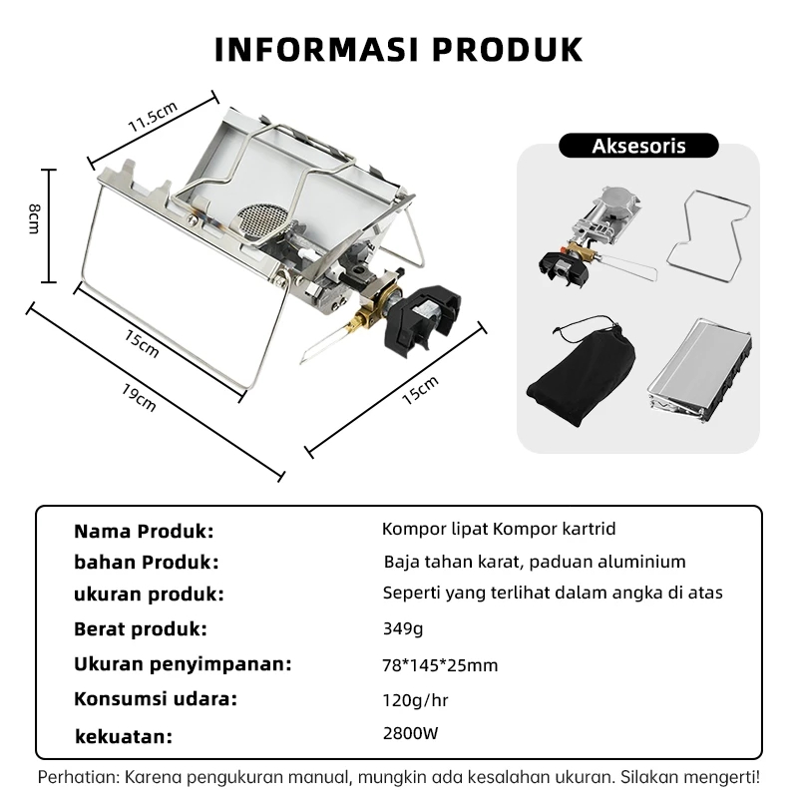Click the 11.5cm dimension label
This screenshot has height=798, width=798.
(153, 117)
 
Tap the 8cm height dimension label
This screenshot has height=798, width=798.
(34, 218)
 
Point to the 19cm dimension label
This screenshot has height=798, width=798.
(139, 397)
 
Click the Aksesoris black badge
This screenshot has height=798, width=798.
(638, 146)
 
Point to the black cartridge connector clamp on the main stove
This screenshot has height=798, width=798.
(422, 320)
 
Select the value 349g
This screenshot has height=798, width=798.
(403, 628)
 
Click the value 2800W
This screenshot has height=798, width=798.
(410, 733)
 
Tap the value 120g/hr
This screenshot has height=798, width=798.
(415, 701)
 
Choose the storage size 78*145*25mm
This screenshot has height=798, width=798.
(440, 665)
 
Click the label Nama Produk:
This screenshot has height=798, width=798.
(144, 532)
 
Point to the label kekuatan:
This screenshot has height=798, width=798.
(124, 736)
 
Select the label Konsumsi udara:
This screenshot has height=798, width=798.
(156, 699)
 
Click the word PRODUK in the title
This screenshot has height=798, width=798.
(508, 49)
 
